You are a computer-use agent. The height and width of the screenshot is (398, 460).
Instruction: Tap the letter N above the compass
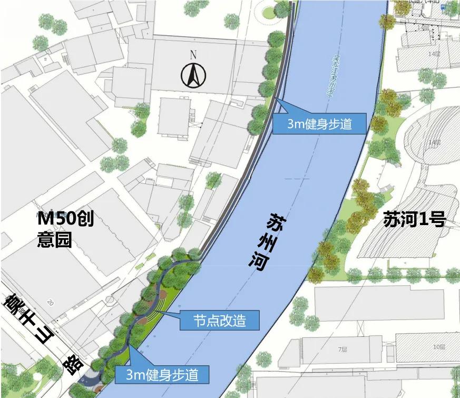(193, 54)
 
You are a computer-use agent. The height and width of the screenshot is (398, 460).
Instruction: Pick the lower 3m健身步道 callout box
(162, 375)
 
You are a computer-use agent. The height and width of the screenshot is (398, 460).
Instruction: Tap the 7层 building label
(342, 349)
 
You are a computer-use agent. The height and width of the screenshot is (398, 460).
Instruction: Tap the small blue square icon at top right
(444, 7)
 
